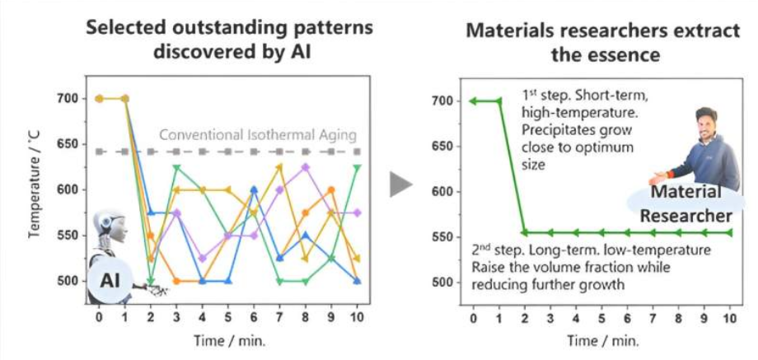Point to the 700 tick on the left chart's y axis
coord(65,99)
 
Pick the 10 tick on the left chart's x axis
coord(356,316)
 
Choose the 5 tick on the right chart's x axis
coord(601,318)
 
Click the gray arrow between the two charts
coord(400,185)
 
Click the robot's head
coord(105,223)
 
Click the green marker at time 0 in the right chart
coord(473,101)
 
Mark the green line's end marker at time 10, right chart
coord(730,232)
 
